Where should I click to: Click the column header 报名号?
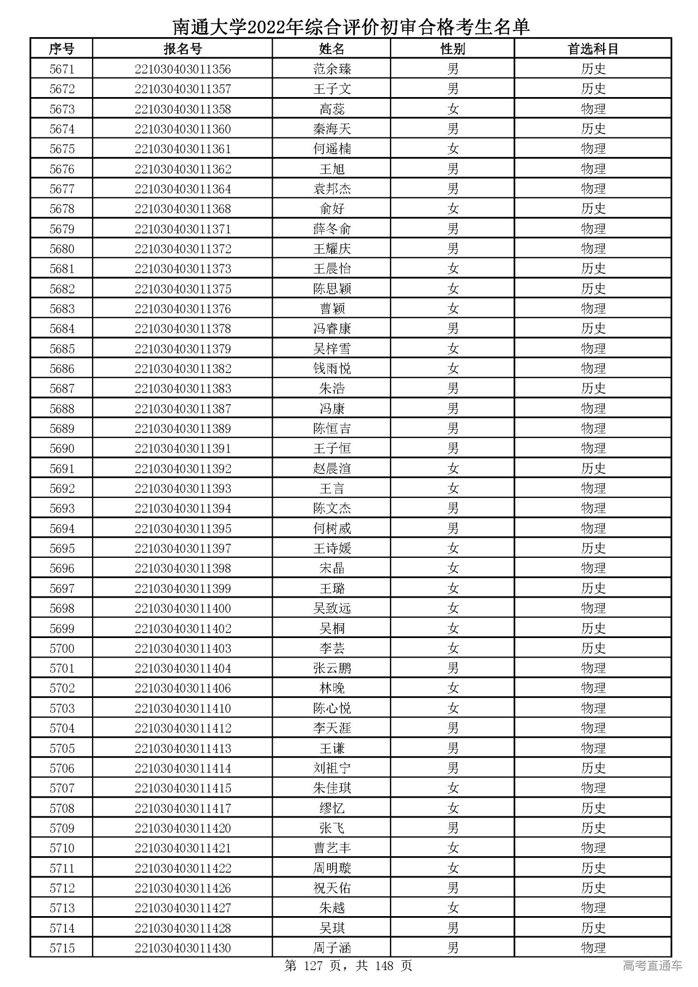(x=183, y=49)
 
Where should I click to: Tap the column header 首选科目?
(x=593, y=49)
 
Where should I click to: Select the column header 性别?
(x=453, y=49)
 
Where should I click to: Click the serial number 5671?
(x=62, y=69)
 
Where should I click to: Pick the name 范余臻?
(x=332, y=69)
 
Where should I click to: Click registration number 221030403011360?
(x=183, y=129)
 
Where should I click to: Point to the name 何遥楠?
(x=332, y=149)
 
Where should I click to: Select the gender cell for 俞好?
(x=453, y=209)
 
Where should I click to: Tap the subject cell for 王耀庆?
(x=593, y=249)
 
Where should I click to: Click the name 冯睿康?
(x=332, y=329)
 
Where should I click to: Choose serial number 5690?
(x=62, y=449)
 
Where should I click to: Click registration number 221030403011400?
(x=183, y=609)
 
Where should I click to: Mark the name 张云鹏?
(x=332, y=669)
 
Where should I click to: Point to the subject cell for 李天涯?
(x=593, y=729)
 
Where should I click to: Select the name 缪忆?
(x=332, y=808)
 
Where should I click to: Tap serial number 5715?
(x=62, y=948)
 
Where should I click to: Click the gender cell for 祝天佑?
(x=453, y=888)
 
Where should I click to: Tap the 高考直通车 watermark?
(x=652, y=966)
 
